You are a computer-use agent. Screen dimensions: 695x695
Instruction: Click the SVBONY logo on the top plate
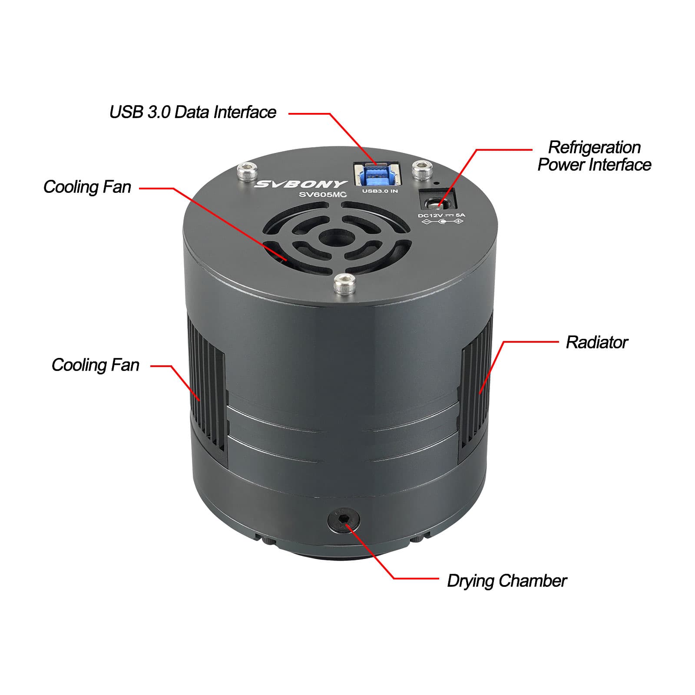click(x=301, y=184)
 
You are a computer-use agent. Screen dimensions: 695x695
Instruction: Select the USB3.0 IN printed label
click(x=380, y=191)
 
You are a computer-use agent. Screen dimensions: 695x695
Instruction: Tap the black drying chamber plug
click(x=343, y=520)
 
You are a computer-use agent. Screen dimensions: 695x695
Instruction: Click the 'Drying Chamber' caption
click(x=506, y=581)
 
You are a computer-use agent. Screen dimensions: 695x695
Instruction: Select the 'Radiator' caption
click(x=596, y=342)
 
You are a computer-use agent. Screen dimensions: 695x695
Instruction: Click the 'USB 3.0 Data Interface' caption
click(x=192, y=112)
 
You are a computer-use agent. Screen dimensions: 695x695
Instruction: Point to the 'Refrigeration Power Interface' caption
click(x=594, y=156)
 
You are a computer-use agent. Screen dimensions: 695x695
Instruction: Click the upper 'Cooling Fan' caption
click(x=87, y=187)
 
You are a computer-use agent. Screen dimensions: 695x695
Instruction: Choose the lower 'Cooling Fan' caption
click(x=95, y=365)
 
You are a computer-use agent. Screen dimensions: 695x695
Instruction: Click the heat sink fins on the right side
click(x=475, y=382)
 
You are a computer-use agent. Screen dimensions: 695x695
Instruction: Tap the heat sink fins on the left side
click(x=206, y=382)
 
